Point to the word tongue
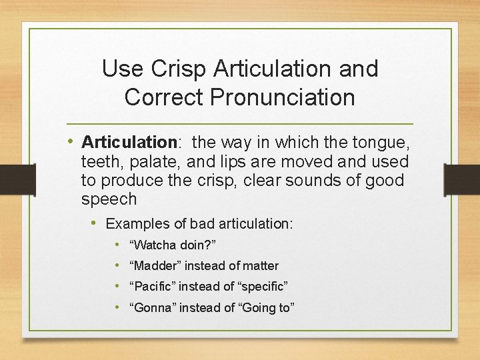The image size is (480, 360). [379, 142]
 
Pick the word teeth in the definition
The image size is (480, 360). [99, 161]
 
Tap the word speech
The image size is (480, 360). [109, 199]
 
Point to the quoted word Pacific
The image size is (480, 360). [153, 287]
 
